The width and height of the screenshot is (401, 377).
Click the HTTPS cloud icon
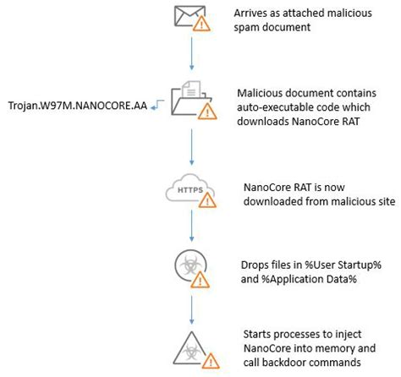pyautogui.click(x=189, y=191)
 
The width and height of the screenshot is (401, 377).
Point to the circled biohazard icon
pyautogui.click(x=189, y=265)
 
